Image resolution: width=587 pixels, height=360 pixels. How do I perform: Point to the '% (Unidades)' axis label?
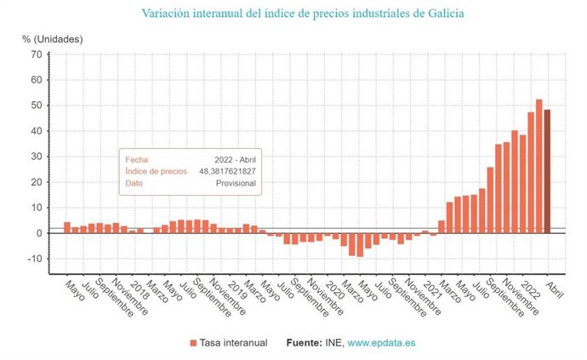coord(53,38)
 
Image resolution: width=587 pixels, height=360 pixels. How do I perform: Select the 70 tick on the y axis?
coord(36,54)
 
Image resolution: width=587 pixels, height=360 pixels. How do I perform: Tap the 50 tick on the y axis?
coord(36,106)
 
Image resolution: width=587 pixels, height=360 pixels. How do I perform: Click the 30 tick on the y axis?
coord(36,157)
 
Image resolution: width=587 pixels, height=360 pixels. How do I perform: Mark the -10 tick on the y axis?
coord(33,259)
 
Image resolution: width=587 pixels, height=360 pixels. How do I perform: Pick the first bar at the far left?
coord(67,227)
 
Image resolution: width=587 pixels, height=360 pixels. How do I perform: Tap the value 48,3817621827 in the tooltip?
coord(227,171)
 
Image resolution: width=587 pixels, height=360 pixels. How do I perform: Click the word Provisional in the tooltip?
coord(236,183)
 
